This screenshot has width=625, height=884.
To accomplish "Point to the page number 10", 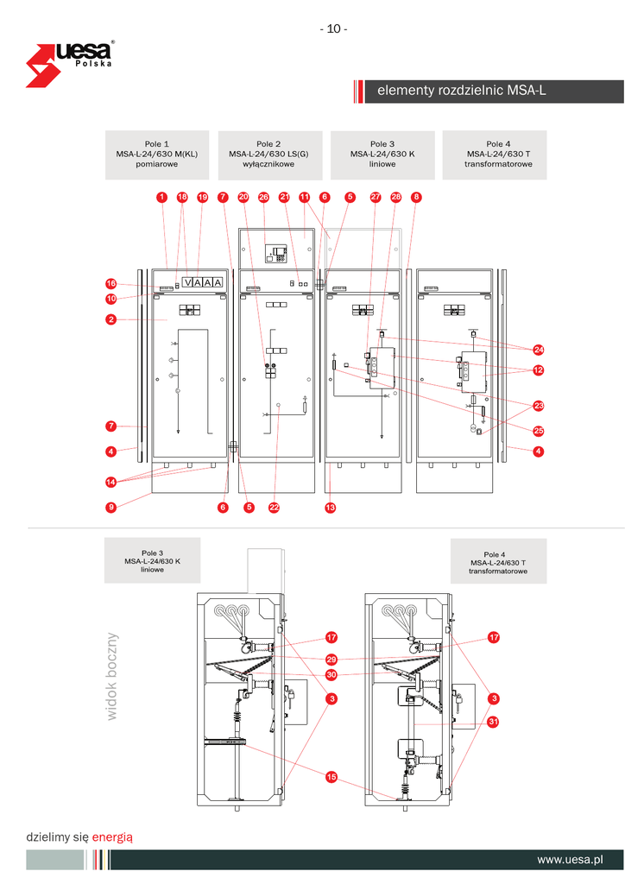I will pos(334,28).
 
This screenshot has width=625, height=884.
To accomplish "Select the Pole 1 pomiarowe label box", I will pos(157,155).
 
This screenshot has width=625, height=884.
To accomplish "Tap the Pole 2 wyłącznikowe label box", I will pos(269,155).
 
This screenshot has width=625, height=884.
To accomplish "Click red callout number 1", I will pos(161,197).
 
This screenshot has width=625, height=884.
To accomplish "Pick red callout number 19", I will pos(203,197).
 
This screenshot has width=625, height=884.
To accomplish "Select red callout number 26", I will pos(264,197).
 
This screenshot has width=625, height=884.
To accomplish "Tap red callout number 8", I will pos(416,197).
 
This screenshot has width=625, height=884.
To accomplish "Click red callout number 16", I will pos(111,283).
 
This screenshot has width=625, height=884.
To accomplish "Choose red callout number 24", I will pos(538,350).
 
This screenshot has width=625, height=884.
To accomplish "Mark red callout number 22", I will pos(275,508).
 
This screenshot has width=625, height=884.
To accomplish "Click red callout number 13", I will pos(330,508).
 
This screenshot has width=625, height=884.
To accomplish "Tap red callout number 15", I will pos(331,778).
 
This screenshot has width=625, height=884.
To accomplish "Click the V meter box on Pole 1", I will pos(187,283).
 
